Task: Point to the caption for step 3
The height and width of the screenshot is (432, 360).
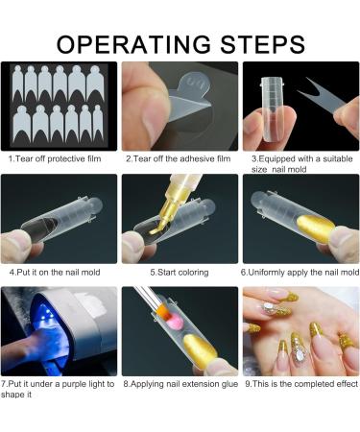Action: [x=298, y=163]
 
